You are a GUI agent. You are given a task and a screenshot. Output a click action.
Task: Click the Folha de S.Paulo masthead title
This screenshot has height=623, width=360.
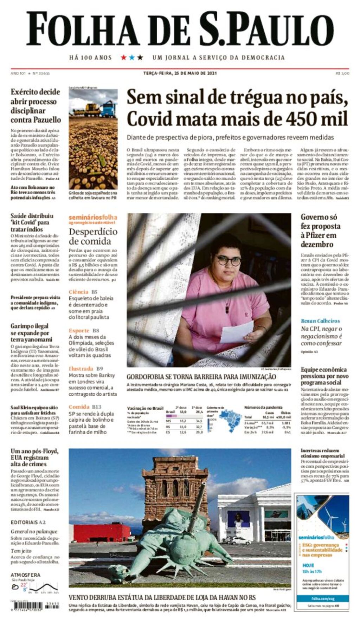(x=180, y=29)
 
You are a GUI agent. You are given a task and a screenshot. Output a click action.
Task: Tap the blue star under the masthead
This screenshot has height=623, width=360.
(x=132, y=57)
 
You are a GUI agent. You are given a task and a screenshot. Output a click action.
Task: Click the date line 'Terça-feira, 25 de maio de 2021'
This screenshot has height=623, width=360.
(x=180, y=73)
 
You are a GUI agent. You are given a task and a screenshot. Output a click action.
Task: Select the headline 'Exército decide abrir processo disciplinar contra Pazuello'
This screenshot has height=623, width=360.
(x=36, y=106)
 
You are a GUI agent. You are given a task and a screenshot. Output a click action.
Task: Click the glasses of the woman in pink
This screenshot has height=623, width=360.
(x=229, y=261)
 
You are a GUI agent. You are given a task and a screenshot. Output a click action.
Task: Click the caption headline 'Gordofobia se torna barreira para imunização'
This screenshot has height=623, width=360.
(x=201, y=377)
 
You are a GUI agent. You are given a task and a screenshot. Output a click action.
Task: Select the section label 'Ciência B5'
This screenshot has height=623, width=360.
(x=83, y=292)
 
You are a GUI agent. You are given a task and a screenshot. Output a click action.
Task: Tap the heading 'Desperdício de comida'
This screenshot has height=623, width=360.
(x=93, y=236)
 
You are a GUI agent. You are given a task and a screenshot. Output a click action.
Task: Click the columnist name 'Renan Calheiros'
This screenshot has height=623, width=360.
(x=320, y=321)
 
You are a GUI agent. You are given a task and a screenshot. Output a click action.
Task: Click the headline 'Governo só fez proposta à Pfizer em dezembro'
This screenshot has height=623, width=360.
(x=320, y=231)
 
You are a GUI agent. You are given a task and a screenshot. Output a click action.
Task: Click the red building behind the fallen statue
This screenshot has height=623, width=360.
(x=102, y=532)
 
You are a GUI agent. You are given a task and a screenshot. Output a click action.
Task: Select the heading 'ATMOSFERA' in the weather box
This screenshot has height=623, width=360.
(x=25, y=575)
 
